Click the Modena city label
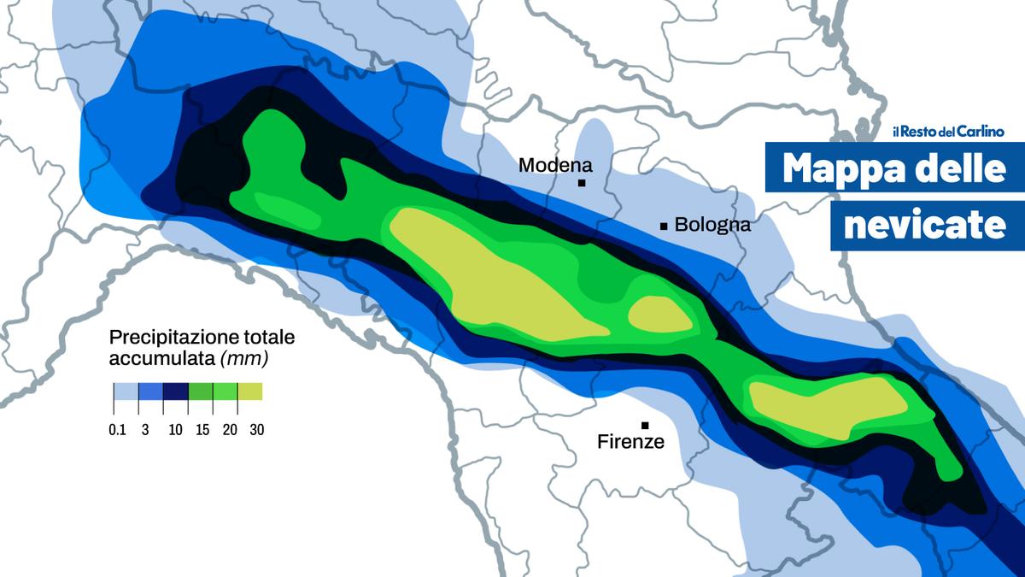[555, 164]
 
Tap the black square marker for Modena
[582, 183]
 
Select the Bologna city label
[712, 225]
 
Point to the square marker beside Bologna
[664, 226]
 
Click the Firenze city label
[630, 442]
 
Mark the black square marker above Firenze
[645, 426]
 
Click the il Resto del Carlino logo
[948, 132]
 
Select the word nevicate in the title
[923, 225]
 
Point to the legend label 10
[175, 430]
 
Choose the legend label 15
[203, 430]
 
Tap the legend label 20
[230, 430]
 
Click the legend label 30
[256, 430]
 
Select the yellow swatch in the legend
[250, 392]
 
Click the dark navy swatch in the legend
[175, 392]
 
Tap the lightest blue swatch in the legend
[126, 392]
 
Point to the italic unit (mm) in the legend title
[245, 359]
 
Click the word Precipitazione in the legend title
[165, 337]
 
